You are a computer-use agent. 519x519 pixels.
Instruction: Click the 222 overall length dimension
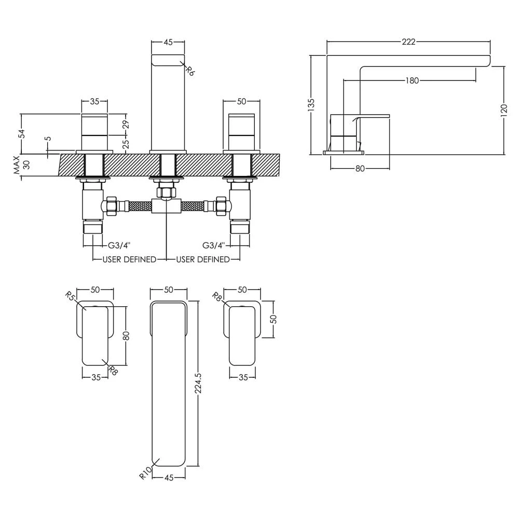[x=408, y=42]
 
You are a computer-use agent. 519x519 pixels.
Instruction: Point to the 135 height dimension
[x=311, y=104]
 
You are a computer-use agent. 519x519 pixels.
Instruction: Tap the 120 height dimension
[x=503, y=111]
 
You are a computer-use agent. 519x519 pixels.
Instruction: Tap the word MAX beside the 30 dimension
[x=17, y=165]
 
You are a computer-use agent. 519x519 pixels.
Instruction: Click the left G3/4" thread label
[x=119, y=245]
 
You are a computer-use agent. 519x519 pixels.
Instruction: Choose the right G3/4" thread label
[x=213, y=245]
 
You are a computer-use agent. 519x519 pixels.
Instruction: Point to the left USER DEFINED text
[x=129, y=259]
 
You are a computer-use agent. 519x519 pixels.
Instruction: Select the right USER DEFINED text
[x=202, y=259]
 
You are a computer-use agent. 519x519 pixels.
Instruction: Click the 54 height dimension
[x=22, y=133]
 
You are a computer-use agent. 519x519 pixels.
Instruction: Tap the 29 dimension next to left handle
[x=126, y=125]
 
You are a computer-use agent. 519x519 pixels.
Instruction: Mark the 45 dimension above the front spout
[x=168, y=43]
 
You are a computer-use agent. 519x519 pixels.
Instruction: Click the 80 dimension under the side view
[x=360, y=168]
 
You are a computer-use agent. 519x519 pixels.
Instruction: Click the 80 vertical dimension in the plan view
[x=126, y=335]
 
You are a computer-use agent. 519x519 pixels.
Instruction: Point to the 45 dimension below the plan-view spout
[x=168, y=478]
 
